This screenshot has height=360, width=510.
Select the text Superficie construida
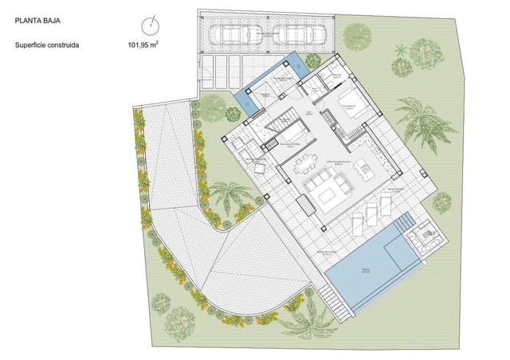coord(47,45)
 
